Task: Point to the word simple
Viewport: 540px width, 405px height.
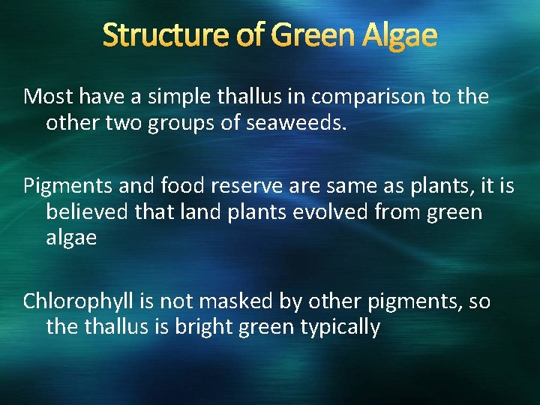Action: click(171, 97)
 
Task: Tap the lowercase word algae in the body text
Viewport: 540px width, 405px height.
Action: click(71, 238)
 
